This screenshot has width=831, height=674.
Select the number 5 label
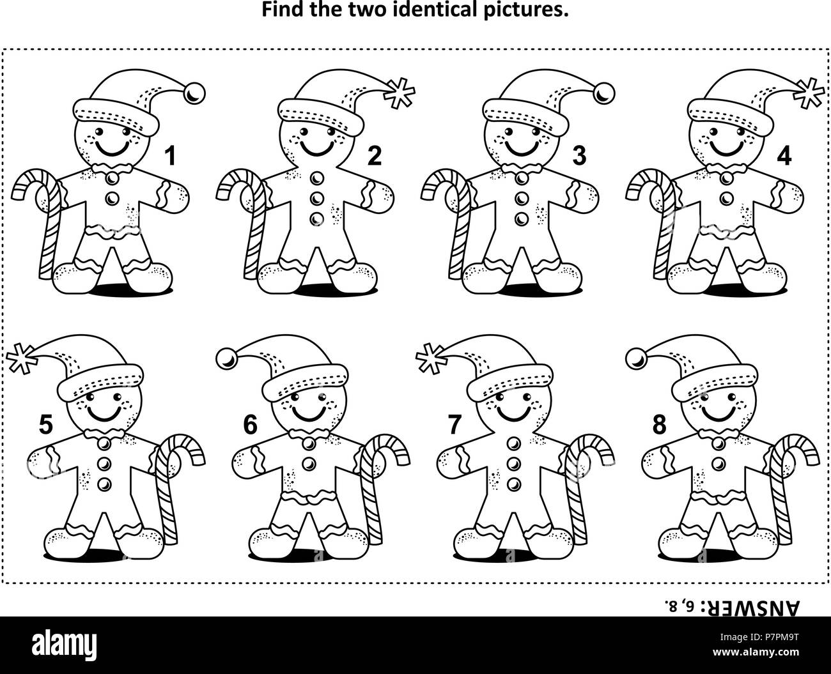pos(45,425)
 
